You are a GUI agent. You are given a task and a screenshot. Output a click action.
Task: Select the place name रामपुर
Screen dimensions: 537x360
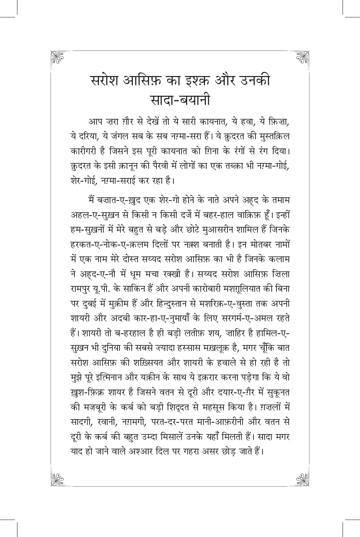(x=78, y=288)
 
